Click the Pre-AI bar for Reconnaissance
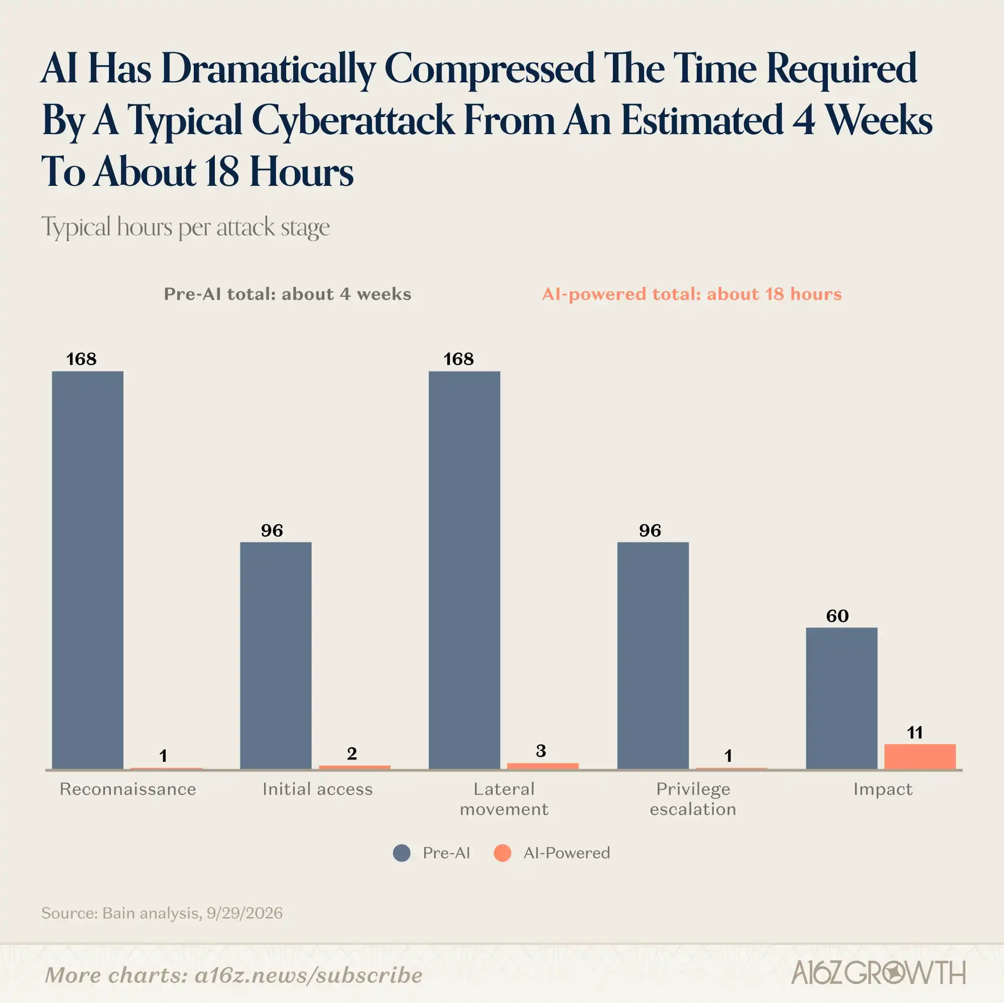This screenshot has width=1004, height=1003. point(88,570)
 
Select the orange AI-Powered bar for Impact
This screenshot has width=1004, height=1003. point(920,756)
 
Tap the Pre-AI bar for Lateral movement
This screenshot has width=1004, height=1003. point(464,570)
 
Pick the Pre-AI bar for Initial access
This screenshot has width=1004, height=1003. point(276,655)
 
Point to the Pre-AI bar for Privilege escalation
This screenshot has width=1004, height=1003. point(653,655)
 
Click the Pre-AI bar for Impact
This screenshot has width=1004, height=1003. point(842,698)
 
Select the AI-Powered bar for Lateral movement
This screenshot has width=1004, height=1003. point(543,766)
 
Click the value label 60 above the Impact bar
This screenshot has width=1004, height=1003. point(837,616)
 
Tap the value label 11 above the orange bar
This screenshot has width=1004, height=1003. point(915,733)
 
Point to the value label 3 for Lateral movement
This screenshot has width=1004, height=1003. point(541,751)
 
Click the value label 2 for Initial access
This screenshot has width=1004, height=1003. point(352,753)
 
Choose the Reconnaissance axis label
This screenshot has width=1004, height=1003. point(128,790)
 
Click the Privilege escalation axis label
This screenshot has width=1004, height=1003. point(693,799)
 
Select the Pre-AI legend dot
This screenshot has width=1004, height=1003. point(402,853)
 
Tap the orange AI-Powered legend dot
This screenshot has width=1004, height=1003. point(503,853)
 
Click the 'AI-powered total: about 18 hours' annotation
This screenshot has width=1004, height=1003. point(692,294)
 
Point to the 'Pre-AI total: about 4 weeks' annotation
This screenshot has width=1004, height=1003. point(287,294)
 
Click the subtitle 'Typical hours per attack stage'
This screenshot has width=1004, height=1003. point(186,228)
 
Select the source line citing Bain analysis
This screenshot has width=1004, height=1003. point(162,913)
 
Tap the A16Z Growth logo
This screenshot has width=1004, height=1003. point(878,973)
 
